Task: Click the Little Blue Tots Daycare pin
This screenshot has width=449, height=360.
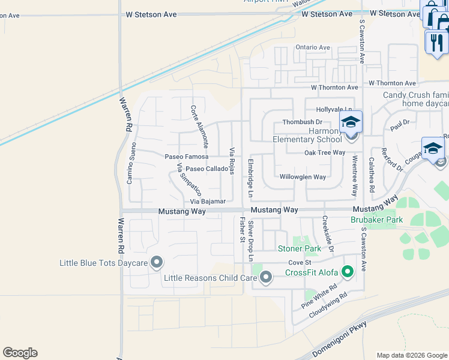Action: coord(157,262)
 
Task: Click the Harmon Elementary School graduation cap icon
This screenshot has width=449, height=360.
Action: coord(351,123)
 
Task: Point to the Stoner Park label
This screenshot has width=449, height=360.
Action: coord(299,248)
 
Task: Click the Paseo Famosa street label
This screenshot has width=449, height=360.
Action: coord(187,157)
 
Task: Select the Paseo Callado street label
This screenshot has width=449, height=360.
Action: coord(206,169)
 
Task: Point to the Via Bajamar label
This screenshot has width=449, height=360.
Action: coord(208,202)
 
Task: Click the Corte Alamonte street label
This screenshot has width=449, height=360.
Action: coord(199,127)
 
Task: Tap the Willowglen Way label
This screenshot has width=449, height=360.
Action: coord(303,177)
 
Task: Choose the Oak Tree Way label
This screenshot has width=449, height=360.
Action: coord(325,152)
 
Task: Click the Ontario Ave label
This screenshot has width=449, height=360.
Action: coord(312,47)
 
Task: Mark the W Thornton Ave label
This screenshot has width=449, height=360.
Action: coord(392,83)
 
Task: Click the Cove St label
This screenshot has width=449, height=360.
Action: coord(300,263)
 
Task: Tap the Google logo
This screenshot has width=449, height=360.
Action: coord(20,353)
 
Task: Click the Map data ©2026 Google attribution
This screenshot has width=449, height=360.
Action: coord(412,355)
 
